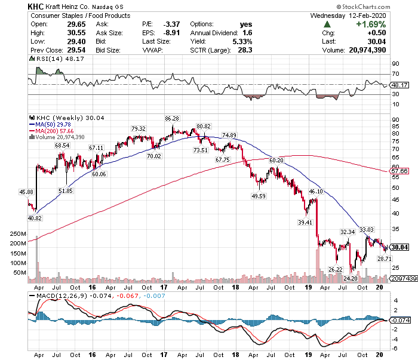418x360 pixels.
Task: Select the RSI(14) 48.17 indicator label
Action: tap(50, 59)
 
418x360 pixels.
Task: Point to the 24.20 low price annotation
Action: tap(349, 278)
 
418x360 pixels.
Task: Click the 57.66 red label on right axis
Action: tap(398, 171)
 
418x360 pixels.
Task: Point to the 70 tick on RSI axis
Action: tap(395, 73)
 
